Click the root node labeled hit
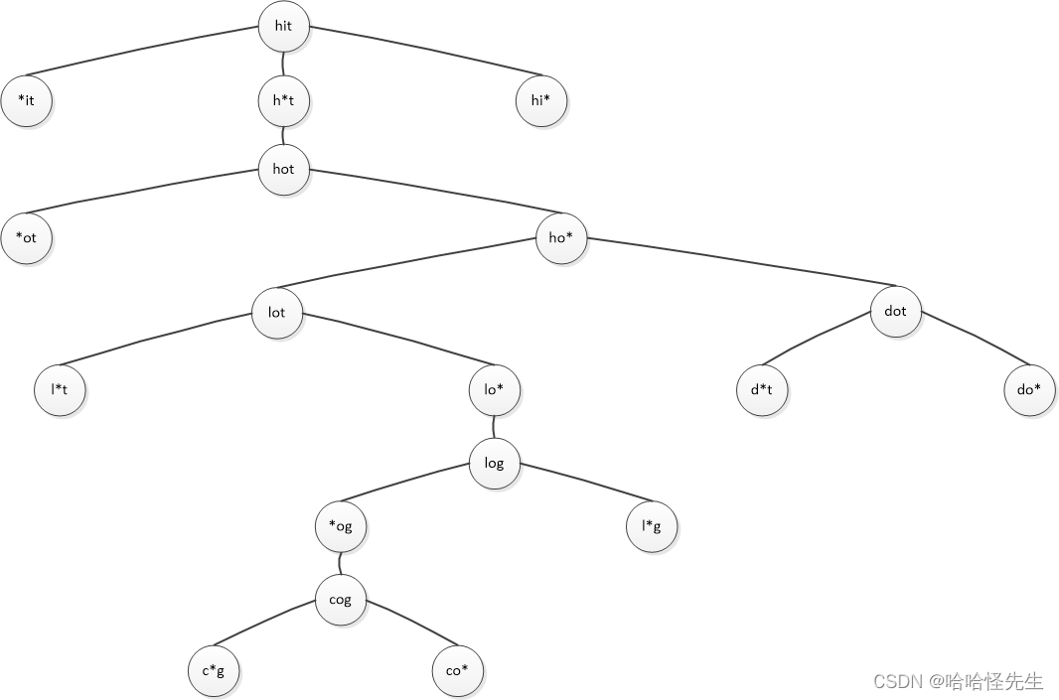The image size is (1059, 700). click(283, 27)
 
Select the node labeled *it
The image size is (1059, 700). click(26, 100)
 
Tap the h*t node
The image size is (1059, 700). click(283, 100)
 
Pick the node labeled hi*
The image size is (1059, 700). click(541, 100)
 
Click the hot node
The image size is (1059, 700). click(283, 170)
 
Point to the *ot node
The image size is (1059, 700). click(26, 239)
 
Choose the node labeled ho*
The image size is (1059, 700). click(560, 238)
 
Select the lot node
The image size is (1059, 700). click(276, 313)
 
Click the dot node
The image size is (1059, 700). click(895, 312)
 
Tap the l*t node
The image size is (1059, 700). click(59, 390)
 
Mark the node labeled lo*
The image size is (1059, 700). click(495, 390)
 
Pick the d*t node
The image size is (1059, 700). click(762, 390)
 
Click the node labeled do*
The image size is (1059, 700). click(1029, 390)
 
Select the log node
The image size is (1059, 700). click(494, 464)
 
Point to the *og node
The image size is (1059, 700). click(341, 527)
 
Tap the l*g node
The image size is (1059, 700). click(651, 527)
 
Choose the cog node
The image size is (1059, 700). click(341, 600)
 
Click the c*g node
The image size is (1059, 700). click(214, 671)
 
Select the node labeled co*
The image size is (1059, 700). click(457, 671)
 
